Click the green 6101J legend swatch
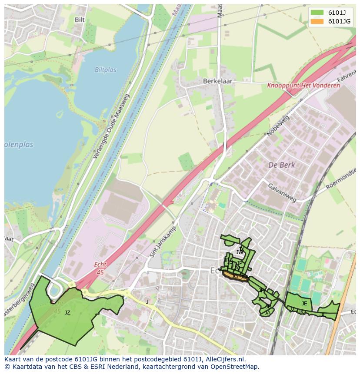(317, 13)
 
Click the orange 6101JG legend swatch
(317, 21)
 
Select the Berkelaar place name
(217, 81)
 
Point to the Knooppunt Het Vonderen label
(303, 86)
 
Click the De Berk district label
(281, 165)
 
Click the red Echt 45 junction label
(100, 268)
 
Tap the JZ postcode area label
(67, 312)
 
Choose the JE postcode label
(304, 304)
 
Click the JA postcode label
(267, 312)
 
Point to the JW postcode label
(240, 252)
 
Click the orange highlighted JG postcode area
(235, 276)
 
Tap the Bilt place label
(80, 20)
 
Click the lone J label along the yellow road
(147, 301)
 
